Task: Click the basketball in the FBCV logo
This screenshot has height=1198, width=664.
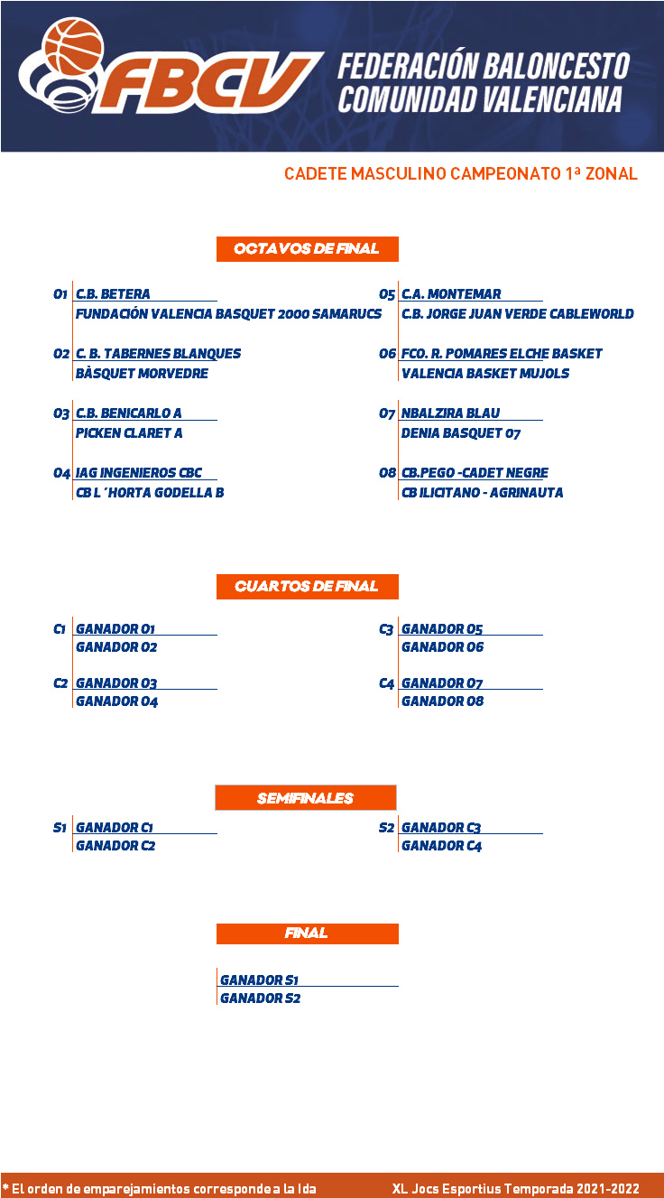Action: (73, 47)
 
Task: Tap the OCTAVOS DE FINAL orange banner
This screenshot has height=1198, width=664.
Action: (308, 248)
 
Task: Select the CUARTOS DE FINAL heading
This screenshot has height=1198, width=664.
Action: (308, 586)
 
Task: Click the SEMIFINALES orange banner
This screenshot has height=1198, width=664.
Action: (306, 797)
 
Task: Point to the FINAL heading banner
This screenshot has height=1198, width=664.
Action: (308, 933)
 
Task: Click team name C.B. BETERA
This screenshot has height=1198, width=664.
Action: (113, 293)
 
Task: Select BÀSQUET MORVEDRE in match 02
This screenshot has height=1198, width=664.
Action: (142, 374)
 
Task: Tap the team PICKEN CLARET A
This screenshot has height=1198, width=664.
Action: (129, 432)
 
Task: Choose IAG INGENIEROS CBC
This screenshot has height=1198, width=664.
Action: (138, 473)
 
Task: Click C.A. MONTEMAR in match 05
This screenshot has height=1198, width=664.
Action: (451, 293)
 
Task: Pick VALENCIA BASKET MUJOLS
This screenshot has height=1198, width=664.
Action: (485, 374)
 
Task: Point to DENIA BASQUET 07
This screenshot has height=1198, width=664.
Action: (461, 432)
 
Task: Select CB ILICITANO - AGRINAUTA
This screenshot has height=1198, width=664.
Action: (483, 493)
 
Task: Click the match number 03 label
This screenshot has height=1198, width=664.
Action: (61, 413)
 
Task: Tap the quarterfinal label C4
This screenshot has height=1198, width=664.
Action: (386, 683)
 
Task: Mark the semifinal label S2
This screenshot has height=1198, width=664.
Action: (386, 828)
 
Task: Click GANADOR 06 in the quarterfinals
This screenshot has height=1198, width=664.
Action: (443, 647)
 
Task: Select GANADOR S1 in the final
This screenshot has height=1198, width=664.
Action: (259, 980)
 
